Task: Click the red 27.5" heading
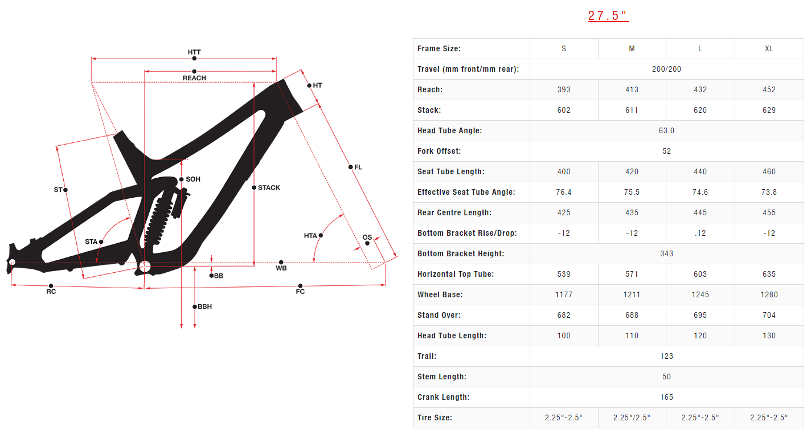tap(608, 16)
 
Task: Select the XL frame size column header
tap(769, 48)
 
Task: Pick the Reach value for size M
tap(632, 90)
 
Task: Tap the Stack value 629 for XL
tap(769, 110)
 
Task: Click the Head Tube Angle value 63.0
tap(666, 130)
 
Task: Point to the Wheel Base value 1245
tap(700, 294)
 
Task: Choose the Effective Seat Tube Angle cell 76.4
tap(564, 192)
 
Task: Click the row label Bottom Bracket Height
tap(461, 254)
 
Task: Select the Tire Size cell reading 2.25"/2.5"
tap(632, 417)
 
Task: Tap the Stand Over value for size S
tap(564, 316)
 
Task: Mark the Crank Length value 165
tap(666, 397)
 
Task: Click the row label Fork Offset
tap(439, 152)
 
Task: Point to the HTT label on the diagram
tap(194, 52)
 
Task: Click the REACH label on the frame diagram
tap(194, 78)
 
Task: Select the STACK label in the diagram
tap(269, 187)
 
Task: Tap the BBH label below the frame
tap(204, 306)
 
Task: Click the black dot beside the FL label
tap(350, 167)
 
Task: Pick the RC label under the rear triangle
tap(51, 292)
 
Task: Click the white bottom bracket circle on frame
tap(145, 267)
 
